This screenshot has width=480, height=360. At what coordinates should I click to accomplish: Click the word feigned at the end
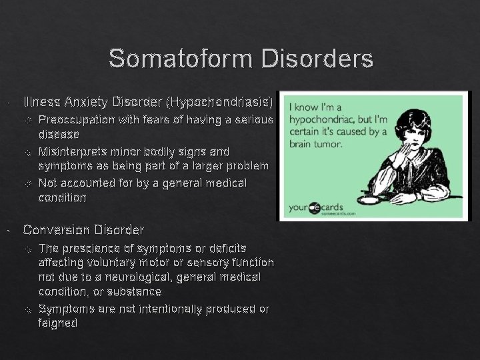(x=58, y=323)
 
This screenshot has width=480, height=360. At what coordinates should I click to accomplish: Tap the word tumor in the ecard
(x=325, y=143)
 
